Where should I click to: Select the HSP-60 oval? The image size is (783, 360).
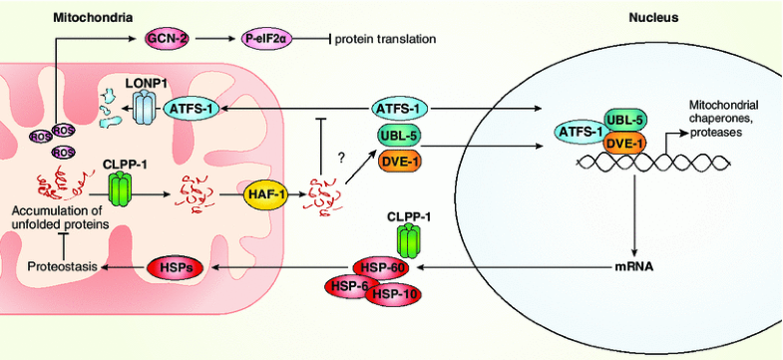click(x=380, y=267)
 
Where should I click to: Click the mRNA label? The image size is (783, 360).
click(x=632, y=267)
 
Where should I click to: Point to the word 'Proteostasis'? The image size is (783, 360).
click(x=59, y=267)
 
